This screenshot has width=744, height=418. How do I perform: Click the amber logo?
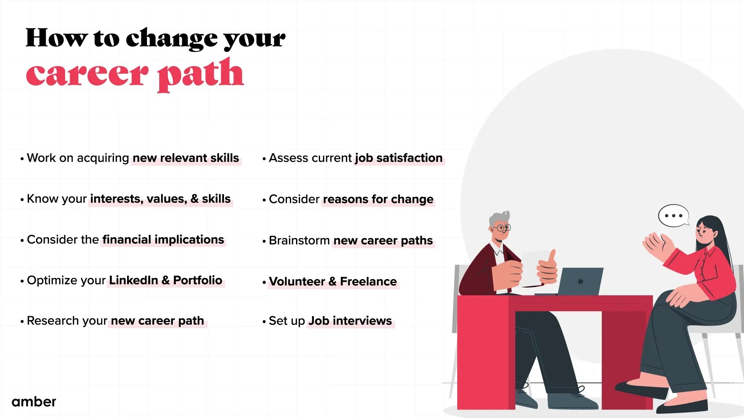tap(34, 402)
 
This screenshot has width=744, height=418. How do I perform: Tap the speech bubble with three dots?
tap(673, 216)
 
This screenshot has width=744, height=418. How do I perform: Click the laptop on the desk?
tap(580, 281)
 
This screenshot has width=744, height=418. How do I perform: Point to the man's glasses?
tap(503, 228)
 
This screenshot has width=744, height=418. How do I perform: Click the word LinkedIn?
tap(133, 280)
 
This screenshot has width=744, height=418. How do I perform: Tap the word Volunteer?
tap(297, 281)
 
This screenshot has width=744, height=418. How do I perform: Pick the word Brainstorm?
tap(299, 240)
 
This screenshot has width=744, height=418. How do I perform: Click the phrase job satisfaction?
tap(398, 158)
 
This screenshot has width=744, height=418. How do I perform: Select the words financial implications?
tap(163, 240)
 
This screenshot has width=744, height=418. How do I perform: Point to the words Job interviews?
tap(350, 321)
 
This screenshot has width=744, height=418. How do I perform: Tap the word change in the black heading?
tap(172, 39)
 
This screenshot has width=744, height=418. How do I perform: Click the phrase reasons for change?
tap(378, 199)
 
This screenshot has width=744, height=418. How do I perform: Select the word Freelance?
tap(368, 281)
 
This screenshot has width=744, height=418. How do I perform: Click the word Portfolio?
tap(198, 280)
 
